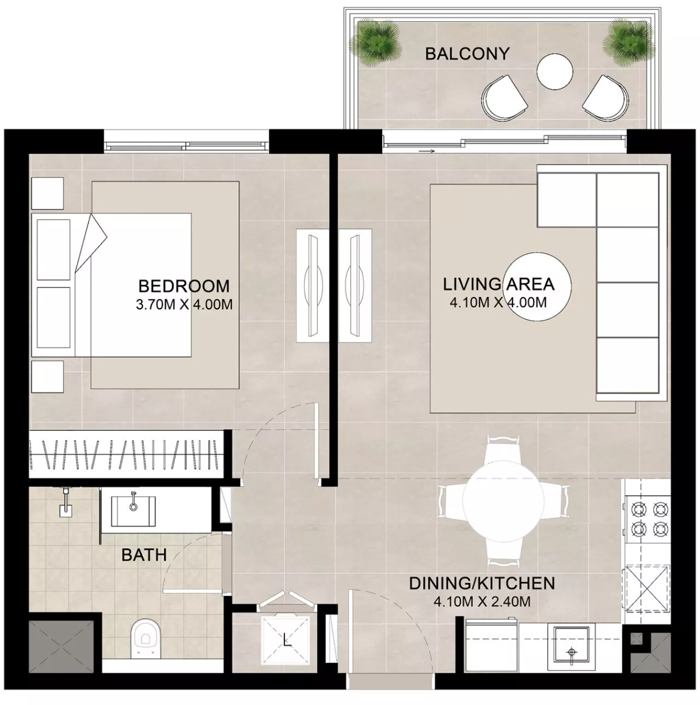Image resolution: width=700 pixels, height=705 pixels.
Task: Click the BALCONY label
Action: coord(467,54)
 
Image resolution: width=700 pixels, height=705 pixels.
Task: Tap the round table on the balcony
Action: coord(554,71)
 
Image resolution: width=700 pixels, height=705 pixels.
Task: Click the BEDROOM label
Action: coord(184,285)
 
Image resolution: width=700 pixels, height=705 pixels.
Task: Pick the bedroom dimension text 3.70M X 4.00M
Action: coord(184,304)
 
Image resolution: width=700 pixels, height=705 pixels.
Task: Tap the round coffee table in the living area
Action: coord(537,287)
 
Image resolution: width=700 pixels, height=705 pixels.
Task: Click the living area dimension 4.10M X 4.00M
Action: coord(499,303)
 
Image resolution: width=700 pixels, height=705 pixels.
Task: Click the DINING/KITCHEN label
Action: coord(482,584)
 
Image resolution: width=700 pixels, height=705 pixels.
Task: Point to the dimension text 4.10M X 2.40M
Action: coord(482,602)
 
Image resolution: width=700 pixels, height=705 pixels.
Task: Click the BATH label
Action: coord(144,555)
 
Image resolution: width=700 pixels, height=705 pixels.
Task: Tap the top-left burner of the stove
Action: coord(639,509)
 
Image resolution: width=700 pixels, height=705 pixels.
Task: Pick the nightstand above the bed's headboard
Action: coord(48,193)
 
